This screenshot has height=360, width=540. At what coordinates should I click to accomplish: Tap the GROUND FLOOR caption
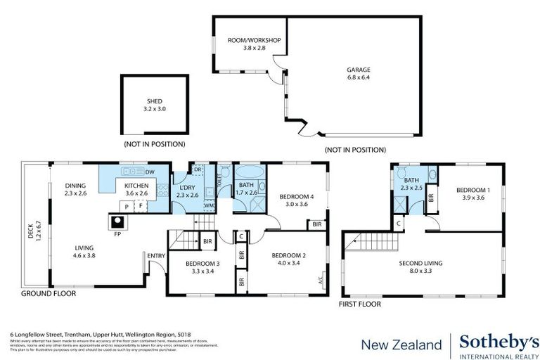pos(49,293)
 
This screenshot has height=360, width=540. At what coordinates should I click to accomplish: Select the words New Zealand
pos(401,345)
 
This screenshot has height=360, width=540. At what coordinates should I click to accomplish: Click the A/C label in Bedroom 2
pos(321,279)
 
